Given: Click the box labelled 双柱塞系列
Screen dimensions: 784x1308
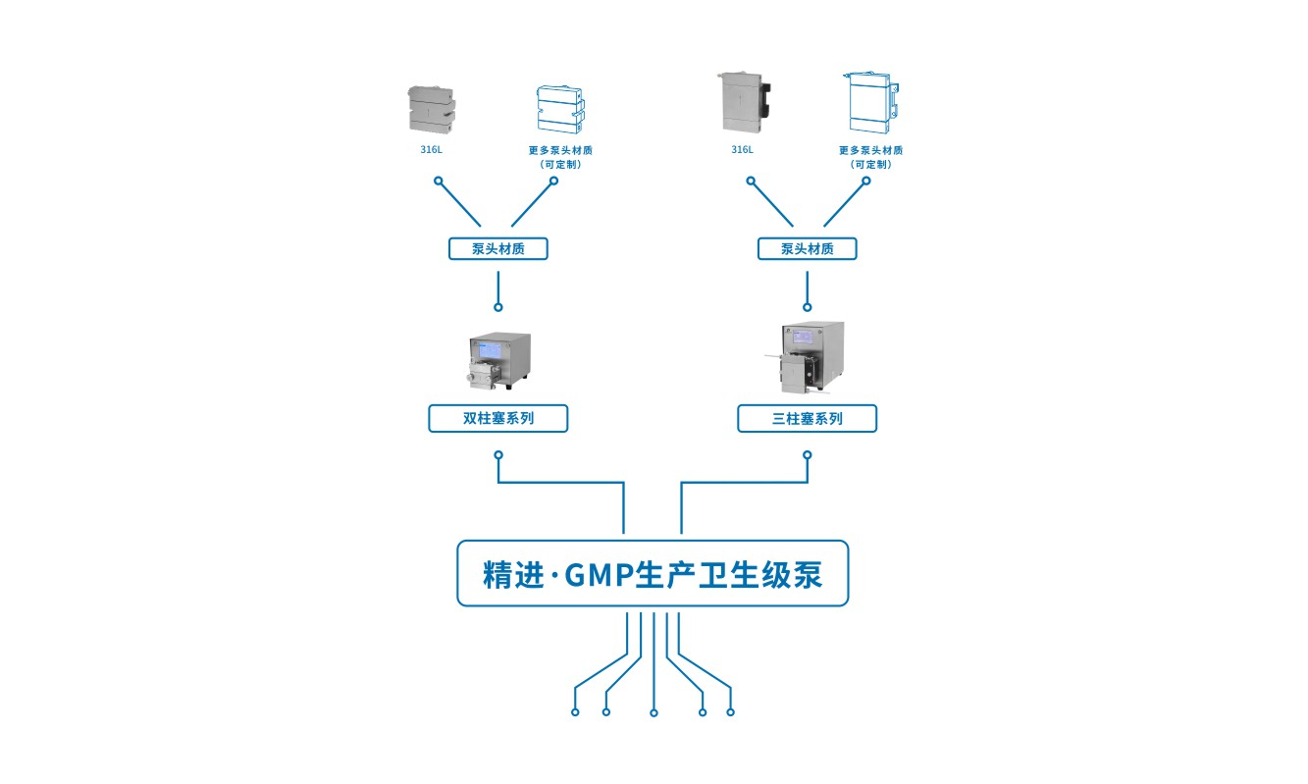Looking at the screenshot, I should (497, 419).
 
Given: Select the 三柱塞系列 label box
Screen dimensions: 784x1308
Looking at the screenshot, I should (807, 419).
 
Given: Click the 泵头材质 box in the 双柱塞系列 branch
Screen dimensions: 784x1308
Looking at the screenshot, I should (497, 249).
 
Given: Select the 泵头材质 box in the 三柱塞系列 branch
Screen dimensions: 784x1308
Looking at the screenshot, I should (807, 249).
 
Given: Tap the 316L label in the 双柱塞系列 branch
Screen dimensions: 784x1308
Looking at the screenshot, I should (431, 150).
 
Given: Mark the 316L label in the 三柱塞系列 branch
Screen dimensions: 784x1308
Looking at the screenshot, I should (742, 150).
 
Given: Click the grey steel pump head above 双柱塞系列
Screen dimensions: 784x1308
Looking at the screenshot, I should (431, 108).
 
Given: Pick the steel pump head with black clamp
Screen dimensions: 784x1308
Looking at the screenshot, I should (743, 102).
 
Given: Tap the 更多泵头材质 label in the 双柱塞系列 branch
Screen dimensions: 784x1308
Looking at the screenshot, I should (560, 150).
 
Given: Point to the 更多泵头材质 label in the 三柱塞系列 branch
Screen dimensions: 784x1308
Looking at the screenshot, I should (870, 150).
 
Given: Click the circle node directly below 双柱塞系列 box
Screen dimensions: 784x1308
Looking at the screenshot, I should (498, 455).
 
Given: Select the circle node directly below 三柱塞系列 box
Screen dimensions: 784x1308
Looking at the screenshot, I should (808, 455).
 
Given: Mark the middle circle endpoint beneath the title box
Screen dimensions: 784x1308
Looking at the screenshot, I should (654, 712).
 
